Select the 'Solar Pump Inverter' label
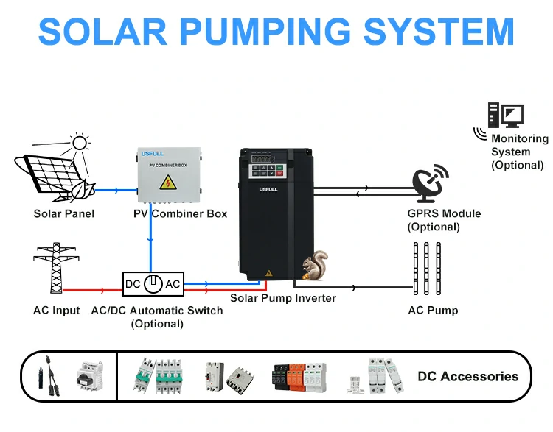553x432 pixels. [283, 298]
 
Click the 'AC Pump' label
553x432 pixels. [433, 310]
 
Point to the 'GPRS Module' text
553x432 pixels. [444, 213]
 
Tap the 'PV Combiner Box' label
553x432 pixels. [180, 214]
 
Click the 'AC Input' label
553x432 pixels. [57, 310]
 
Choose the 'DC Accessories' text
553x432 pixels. [467, 376]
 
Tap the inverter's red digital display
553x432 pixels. [262, 157]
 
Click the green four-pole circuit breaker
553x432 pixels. [158, 375]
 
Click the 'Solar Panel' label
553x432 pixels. [64, 214]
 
